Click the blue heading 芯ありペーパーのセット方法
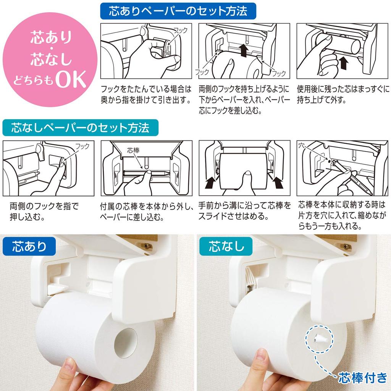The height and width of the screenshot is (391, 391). coord(178,10)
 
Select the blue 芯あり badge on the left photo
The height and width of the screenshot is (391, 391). coord(29,246)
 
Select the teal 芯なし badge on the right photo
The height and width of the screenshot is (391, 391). coord(226,246)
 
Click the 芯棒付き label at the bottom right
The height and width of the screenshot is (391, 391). coord(362,378)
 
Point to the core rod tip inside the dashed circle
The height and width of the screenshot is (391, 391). coord(318,337)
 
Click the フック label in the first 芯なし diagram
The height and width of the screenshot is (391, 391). coord(82,146)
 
